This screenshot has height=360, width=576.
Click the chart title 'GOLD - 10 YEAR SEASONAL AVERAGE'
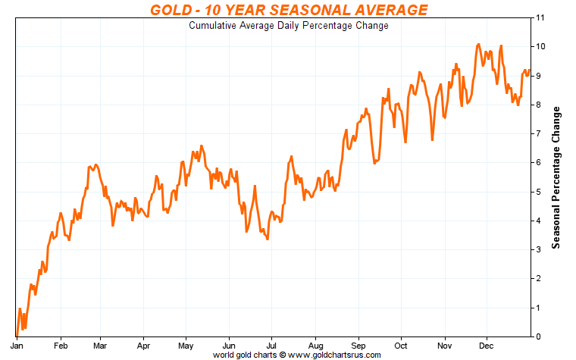(x=288, y=10)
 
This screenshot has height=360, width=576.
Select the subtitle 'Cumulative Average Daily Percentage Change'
(x=288, y=26)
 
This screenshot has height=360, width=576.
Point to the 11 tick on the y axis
(x=540, y=17)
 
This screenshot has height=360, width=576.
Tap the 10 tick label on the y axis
(x=540, y=46)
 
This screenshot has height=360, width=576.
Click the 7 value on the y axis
(x=537, y=133)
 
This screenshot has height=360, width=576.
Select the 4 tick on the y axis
(x=537, y=221)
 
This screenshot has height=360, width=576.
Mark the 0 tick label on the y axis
(x=537, y=337)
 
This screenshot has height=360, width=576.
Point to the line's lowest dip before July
(x=268, y=239)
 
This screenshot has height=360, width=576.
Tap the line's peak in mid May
(x=201, y=146)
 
